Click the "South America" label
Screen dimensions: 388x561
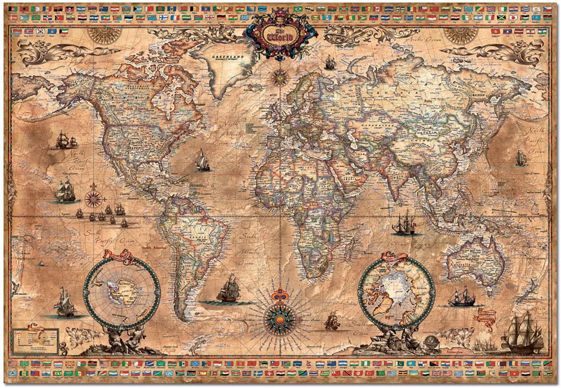click(154, 248)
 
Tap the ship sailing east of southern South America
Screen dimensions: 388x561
click(228, 290)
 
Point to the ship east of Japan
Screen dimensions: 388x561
click(521, 158)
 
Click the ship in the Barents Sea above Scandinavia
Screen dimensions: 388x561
click(330, 63)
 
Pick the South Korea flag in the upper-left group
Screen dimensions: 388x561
click(40, 31)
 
